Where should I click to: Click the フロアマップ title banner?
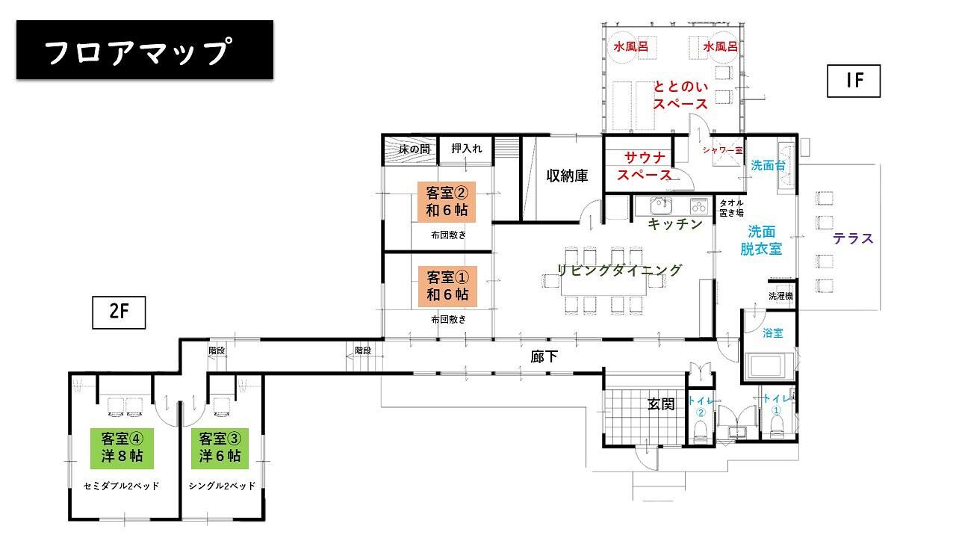145,49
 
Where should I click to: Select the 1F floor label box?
854,81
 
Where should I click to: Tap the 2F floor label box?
119,312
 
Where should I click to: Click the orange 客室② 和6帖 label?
447,202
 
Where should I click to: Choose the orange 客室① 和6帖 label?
447,286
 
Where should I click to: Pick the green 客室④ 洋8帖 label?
122,448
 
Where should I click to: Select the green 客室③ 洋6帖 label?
220,448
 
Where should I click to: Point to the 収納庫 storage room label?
567,176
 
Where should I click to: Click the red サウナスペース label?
645,166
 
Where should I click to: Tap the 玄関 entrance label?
661,404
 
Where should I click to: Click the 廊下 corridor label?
544,356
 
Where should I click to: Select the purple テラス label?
853,238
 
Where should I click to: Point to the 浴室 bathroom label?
773,333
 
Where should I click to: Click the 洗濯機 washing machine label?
780,296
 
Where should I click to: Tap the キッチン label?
675,223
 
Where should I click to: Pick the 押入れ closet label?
467,149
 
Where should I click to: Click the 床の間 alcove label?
415,149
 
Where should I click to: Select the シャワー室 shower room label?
722,150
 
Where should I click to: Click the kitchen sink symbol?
661,205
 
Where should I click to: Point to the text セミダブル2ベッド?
121,486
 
